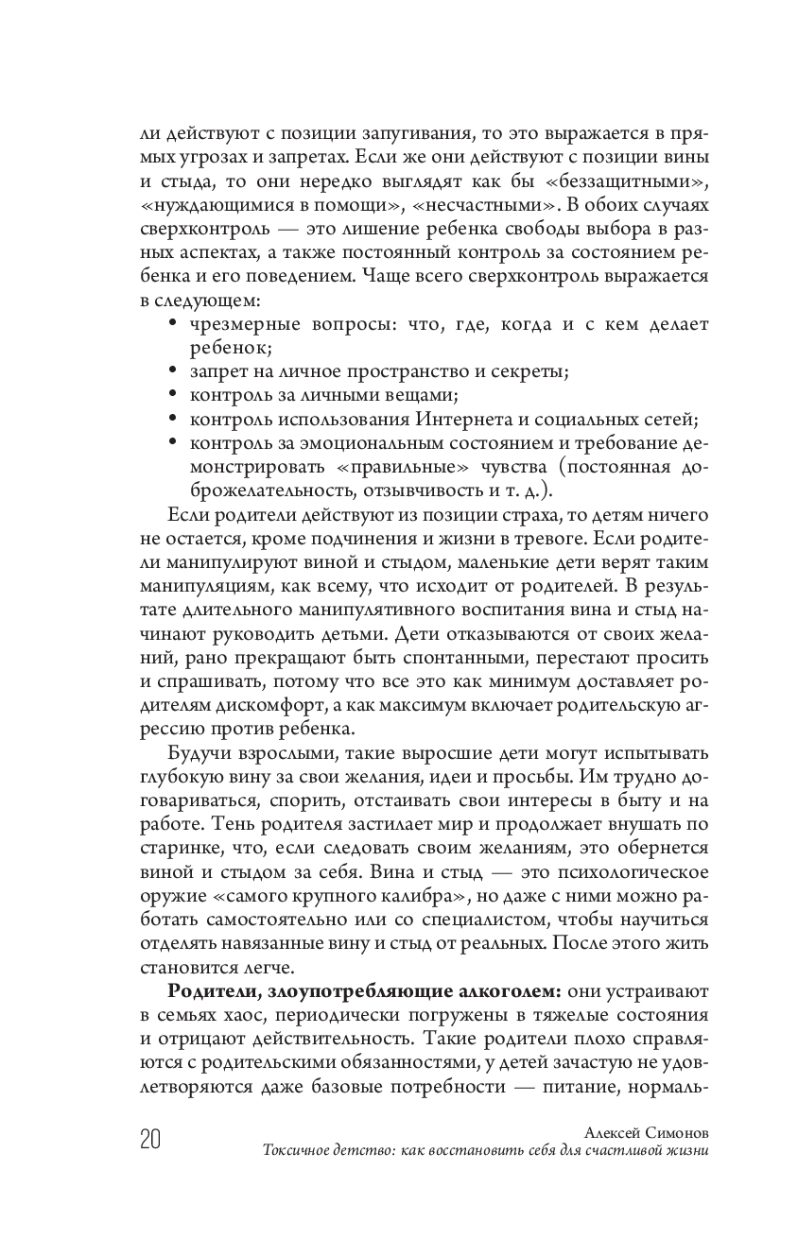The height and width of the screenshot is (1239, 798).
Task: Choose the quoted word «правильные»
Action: (x=378, y=468)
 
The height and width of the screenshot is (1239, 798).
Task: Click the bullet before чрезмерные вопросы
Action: (x=172, y=323)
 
